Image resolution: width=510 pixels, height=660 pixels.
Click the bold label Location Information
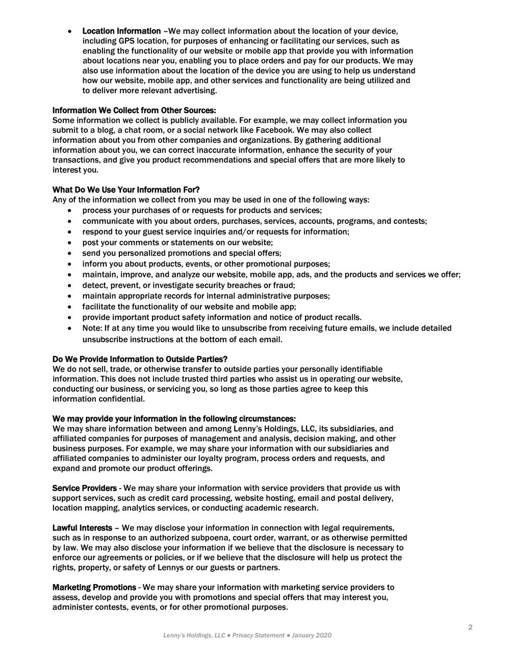121,31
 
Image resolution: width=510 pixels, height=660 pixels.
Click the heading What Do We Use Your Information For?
126,190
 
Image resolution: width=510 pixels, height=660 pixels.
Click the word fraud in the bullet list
284,285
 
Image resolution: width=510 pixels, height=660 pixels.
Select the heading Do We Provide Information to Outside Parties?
140,359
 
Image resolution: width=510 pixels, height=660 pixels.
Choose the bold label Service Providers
84,488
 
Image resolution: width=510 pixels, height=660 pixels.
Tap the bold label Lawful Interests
82,528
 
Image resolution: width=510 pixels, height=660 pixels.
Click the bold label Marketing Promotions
94,588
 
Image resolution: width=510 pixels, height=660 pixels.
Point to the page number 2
470,627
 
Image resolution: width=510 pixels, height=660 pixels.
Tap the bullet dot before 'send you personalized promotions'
70,253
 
